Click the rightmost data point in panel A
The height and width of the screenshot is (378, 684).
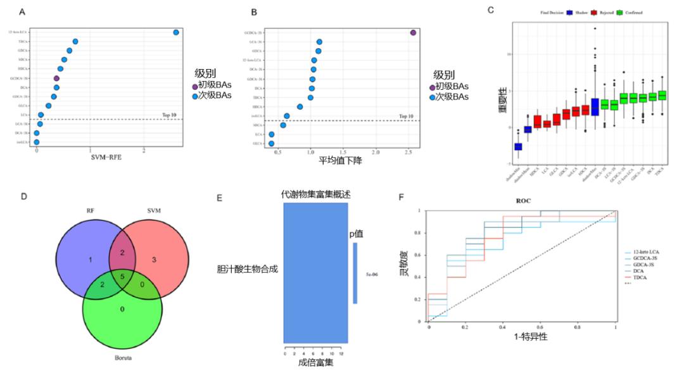coord(176,32)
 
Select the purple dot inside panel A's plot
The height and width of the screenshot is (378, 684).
coord(56,79)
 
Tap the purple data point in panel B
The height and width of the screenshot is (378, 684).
coord(413,33)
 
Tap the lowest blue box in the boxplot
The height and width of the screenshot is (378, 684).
coord(518,146)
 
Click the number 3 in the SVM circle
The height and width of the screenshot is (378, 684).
coord(155,260)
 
